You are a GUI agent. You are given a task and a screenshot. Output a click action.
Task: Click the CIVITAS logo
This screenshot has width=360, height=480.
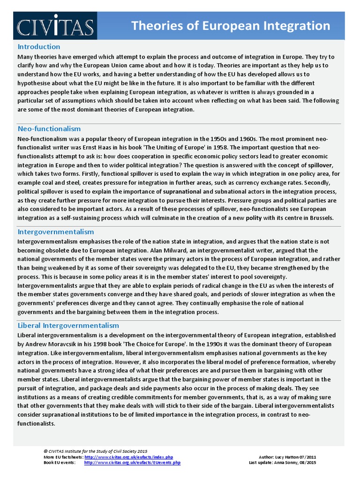point(55,26)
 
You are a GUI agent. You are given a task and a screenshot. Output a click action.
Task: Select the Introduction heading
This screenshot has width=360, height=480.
point(39,46)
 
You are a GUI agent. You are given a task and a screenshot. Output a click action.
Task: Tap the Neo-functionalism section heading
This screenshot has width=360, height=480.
point(49,128)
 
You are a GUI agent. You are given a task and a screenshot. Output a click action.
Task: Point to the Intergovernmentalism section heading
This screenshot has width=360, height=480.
point(56,232)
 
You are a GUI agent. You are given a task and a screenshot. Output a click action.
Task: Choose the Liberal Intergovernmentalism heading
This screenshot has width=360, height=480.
point(68,325)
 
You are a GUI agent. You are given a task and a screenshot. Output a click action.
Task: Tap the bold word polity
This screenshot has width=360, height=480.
point(254,217)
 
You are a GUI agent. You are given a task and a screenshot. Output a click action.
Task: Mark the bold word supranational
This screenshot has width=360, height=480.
point(182,191)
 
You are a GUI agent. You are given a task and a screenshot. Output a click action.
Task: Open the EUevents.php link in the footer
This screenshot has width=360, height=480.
point(132,463)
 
